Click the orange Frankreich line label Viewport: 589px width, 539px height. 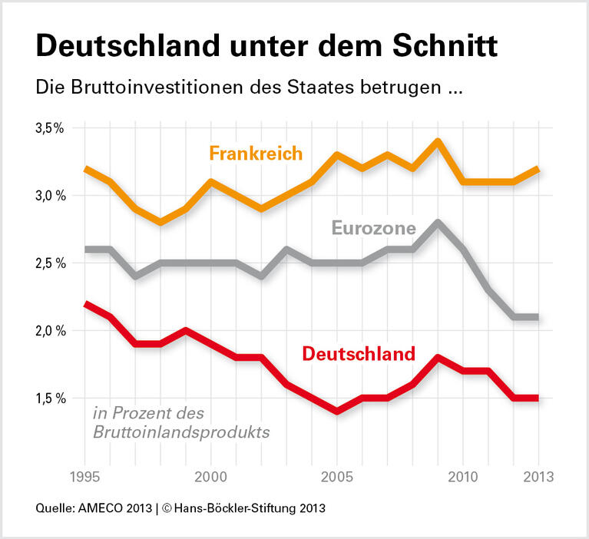point(256,154)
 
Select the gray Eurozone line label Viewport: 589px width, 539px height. point(373,227)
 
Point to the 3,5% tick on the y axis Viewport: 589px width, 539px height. point(50,128)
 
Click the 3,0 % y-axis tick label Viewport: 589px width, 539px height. point(50,196)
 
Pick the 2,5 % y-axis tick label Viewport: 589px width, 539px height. point(50,263)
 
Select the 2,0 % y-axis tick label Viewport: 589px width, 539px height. point(50,331)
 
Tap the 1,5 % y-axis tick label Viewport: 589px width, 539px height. point(50,398)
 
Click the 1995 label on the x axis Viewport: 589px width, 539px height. point(86,475)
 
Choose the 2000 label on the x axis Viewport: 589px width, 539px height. point(211,475)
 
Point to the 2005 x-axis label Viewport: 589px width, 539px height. point(337,475)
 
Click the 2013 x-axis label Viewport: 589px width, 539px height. point(537,475)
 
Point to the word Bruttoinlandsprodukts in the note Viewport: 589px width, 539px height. point(181,432)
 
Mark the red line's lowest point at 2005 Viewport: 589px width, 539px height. point(337,412)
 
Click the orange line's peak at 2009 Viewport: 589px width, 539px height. point(437,141)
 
